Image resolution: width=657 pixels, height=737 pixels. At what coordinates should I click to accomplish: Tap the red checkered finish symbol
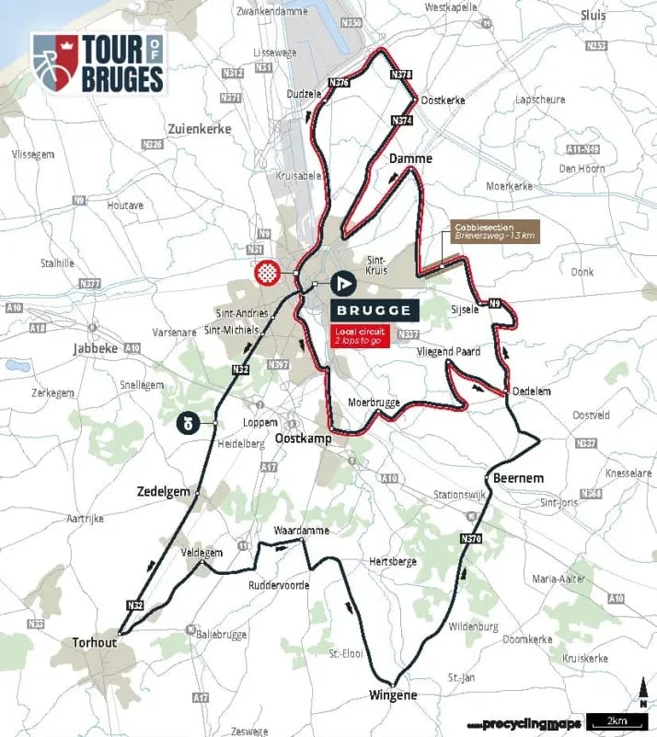pyautogui.click(x=267, y=273)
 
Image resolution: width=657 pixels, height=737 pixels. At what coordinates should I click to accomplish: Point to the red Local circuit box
pyautogui.click(x=362, y=333)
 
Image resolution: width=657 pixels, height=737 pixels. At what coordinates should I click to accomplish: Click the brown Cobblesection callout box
pyautogui.click(x=495, y=231)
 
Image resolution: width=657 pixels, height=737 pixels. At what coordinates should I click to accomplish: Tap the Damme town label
pyautogui.click(x=410, y=158)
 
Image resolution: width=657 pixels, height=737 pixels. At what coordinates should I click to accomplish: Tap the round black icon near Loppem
pyautogui.click(x=187, y=423)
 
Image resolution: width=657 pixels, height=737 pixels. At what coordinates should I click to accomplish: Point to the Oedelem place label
pyautogui.click(x=531, y=391)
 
